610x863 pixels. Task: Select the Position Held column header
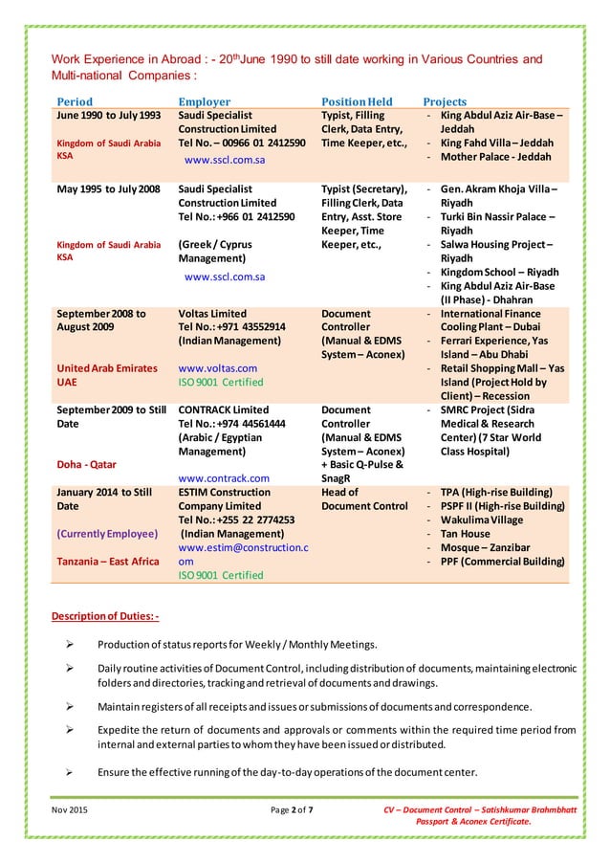(x=357, y=101)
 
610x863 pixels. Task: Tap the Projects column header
(x=445, y=101)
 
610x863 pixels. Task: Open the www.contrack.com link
(x=224, y=477)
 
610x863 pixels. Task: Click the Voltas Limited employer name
(x=212, y=313)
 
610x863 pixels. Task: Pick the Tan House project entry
(x=466, y=533)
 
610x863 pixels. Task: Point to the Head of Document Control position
(x=364, y=498)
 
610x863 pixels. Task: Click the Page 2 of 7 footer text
(x=292, y=812)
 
